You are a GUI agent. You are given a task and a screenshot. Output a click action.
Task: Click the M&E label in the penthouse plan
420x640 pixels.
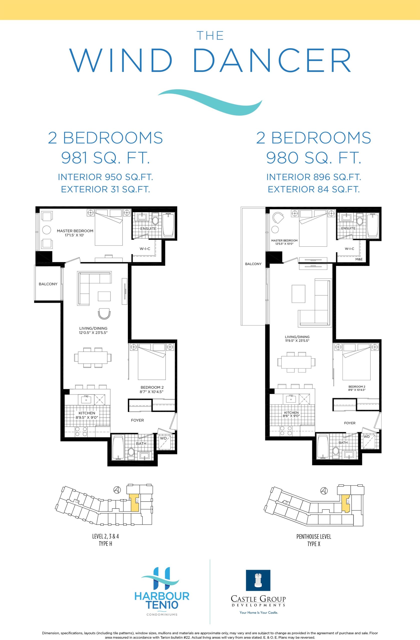click(359, 259)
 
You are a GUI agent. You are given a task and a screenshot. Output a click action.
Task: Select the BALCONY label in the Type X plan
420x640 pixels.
click(253, 264)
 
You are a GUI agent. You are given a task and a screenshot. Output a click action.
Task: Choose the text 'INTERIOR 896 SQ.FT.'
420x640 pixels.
click(314, 177)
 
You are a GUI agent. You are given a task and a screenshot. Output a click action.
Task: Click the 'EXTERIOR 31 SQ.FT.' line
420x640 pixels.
click(105, 189)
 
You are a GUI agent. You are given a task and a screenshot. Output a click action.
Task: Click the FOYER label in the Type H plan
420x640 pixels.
click(137, 420)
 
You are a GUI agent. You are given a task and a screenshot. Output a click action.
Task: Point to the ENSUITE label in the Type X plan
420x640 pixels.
click(348, 228)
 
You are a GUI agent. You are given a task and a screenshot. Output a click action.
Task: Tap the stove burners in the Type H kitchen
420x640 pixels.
click(81, 431)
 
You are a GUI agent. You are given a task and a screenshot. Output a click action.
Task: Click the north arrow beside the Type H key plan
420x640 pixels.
click(117, 489)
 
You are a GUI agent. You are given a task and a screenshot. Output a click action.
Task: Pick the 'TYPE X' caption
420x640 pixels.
click(314, 544)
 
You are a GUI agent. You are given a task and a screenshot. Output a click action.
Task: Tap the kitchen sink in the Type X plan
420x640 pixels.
click(291, 399)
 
